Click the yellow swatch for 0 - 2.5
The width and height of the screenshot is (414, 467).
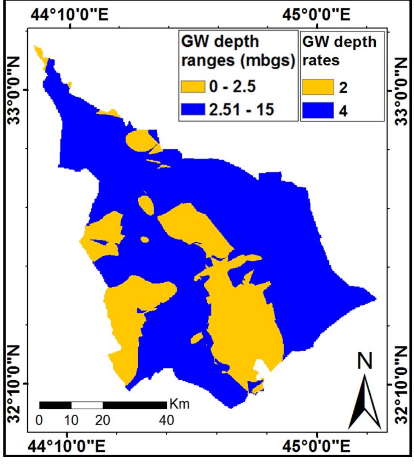pyautogui.click(x=193, y=87)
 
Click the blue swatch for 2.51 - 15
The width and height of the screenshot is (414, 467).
pyautogui.click(x=193, y=109)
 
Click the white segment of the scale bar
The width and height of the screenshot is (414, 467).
pyautogui.click(x=87, y=405)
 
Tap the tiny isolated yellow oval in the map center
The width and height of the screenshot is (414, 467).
pyautogui.click(x=145, y=240)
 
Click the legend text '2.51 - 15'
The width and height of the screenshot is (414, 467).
pyautogui.click(x=242, y=109)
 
